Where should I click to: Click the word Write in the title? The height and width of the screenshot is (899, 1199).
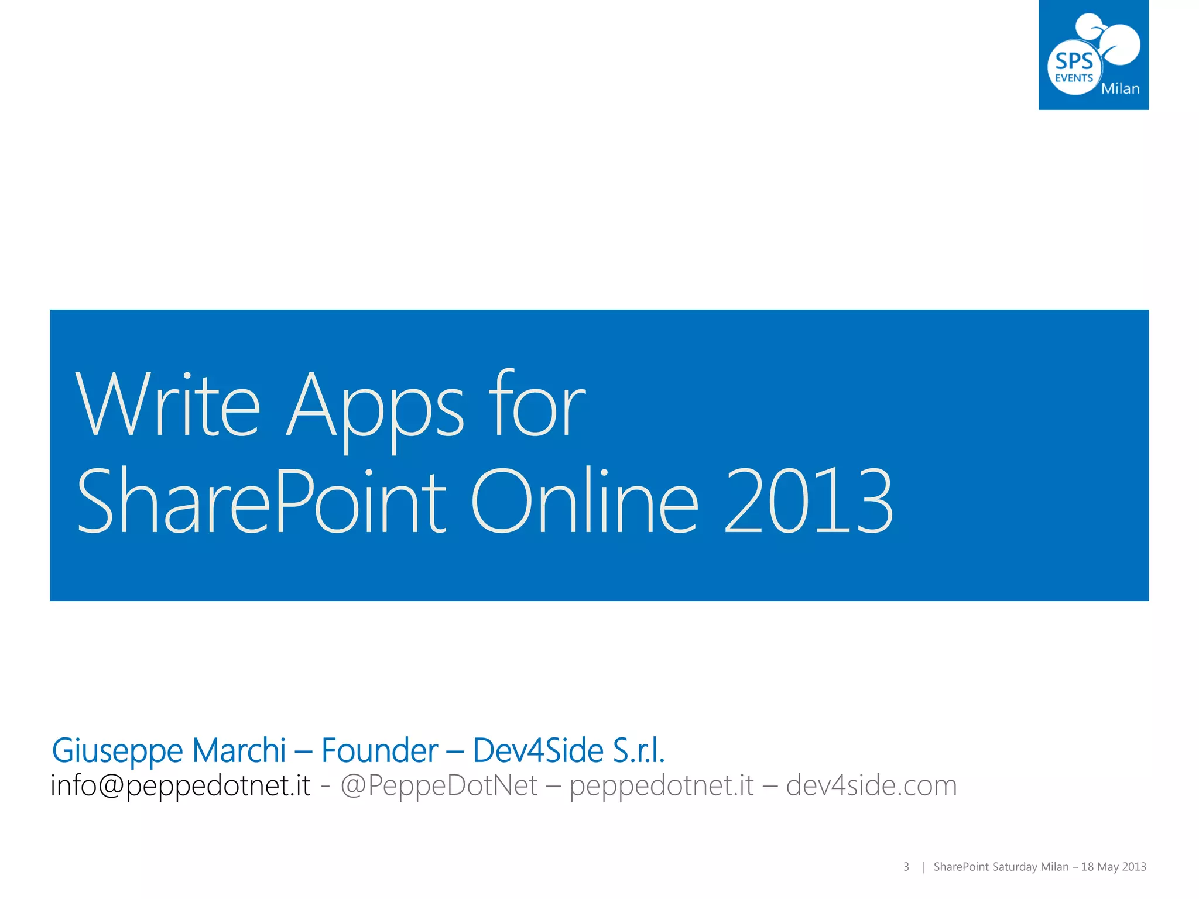pos(167,405)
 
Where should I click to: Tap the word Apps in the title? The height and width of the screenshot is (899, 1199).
pos(375,410)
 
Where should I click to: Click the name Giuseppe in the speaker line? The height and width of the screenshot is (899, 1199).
pos(117,752)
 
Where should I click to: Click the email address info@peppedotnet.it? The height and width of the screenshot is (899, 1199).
pos(180,785)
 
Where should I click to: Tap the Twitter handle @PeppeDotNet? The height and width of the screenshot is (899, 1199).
pos(439,785)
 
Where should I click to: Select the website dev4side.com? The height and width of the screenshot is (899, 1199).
pos(871,785)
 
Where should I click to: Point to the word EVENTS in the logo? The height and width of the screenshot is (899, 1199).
pos(1074,78)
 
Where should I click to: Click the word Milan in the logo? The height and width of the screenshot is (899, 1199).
pos(1120,89)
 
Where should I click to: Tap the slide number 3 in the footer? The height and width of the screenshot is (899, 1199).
pos(906,867)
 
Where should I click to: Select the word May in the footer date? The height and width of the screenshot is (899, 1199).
pos(1108,867)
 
